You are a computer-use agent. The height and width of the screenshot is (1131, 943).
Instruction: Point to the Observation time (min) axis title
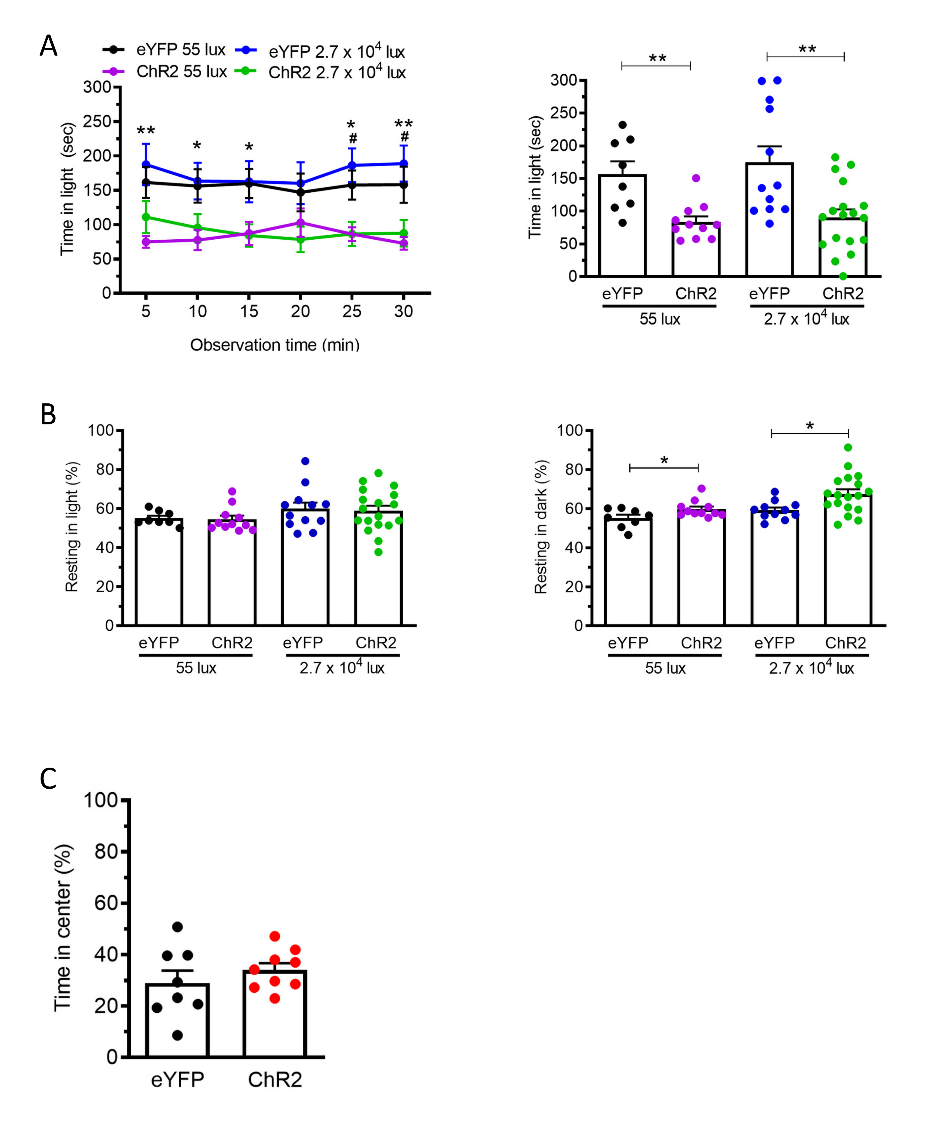(x=275, y=345)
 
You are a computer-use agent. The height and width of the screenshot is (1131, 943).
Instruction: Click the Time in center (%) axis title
(x=63, y=927)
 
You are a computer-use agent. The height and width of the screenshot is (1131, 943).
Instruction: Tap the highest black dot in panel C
(x=177, y=927)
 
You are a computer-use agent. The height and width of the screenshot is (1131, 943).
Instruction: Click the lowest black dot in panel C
(x=177, y=1035)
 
